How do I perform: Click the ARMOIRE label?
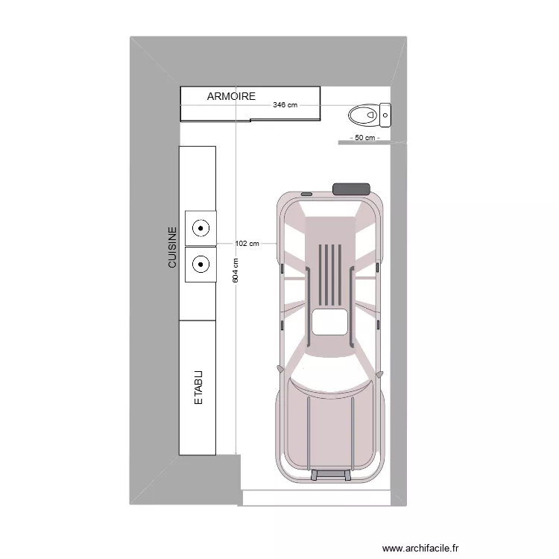[x=231, y=96]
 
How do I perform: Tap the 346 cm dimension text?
[x=285, y=105]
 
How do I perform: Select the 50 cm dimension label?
[x=365, y=138]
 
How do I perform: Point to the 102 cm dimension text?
[x=247, y=244]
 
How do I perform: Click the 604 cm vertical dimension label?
[x=236, y=271]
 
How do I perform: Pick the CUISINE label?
[x=172, y=247]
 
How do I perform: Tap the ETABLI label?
[x=198, y=387]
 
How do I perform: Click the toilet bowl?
[x=363, y=115]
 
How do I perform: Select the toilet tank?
[x=385, y=115]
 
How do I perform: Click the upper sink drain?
[x=200, y=228]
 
